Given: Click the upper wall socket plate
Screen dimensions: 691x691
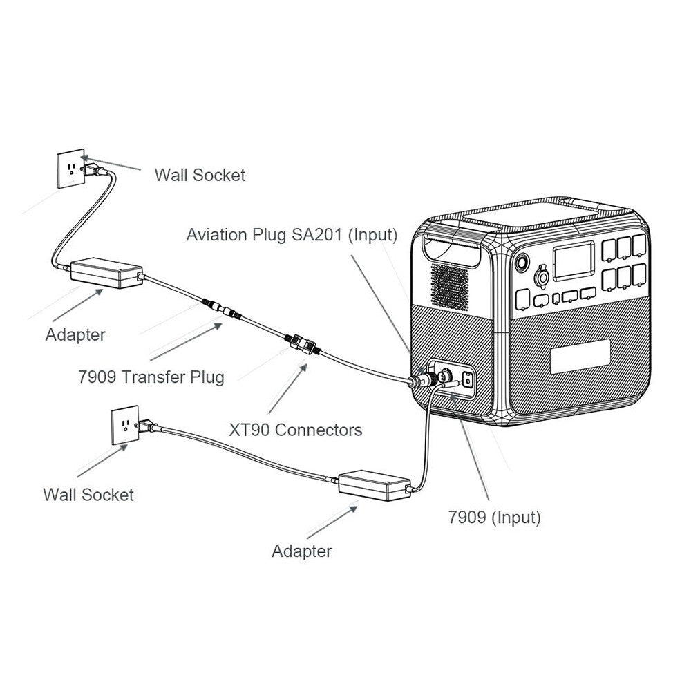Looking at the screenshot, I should (68, 167).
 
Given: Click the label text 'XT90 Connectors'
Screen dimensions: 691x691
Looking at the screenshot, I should (295, 430).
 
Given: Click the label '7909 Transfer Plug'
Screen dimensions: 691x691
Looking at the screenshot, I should (151, 377).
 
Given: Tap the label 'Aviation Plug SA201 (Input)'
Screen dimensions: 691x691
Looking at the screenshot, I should (292, 235).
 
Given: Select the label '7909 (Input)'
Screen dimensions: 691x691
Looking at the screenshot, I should (494, 517).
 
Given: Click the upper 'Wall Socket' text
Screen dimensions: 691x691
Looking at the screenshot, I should (200, 175).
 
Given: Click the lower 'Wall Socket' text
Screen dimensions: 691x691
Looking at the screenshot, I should (88, 495).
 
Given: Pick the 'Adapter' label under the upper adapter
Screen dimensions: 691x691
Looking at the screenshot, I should (75, 335).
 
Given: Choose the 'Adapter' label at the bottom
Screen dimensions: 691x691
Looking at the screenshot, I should (301, 551).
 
